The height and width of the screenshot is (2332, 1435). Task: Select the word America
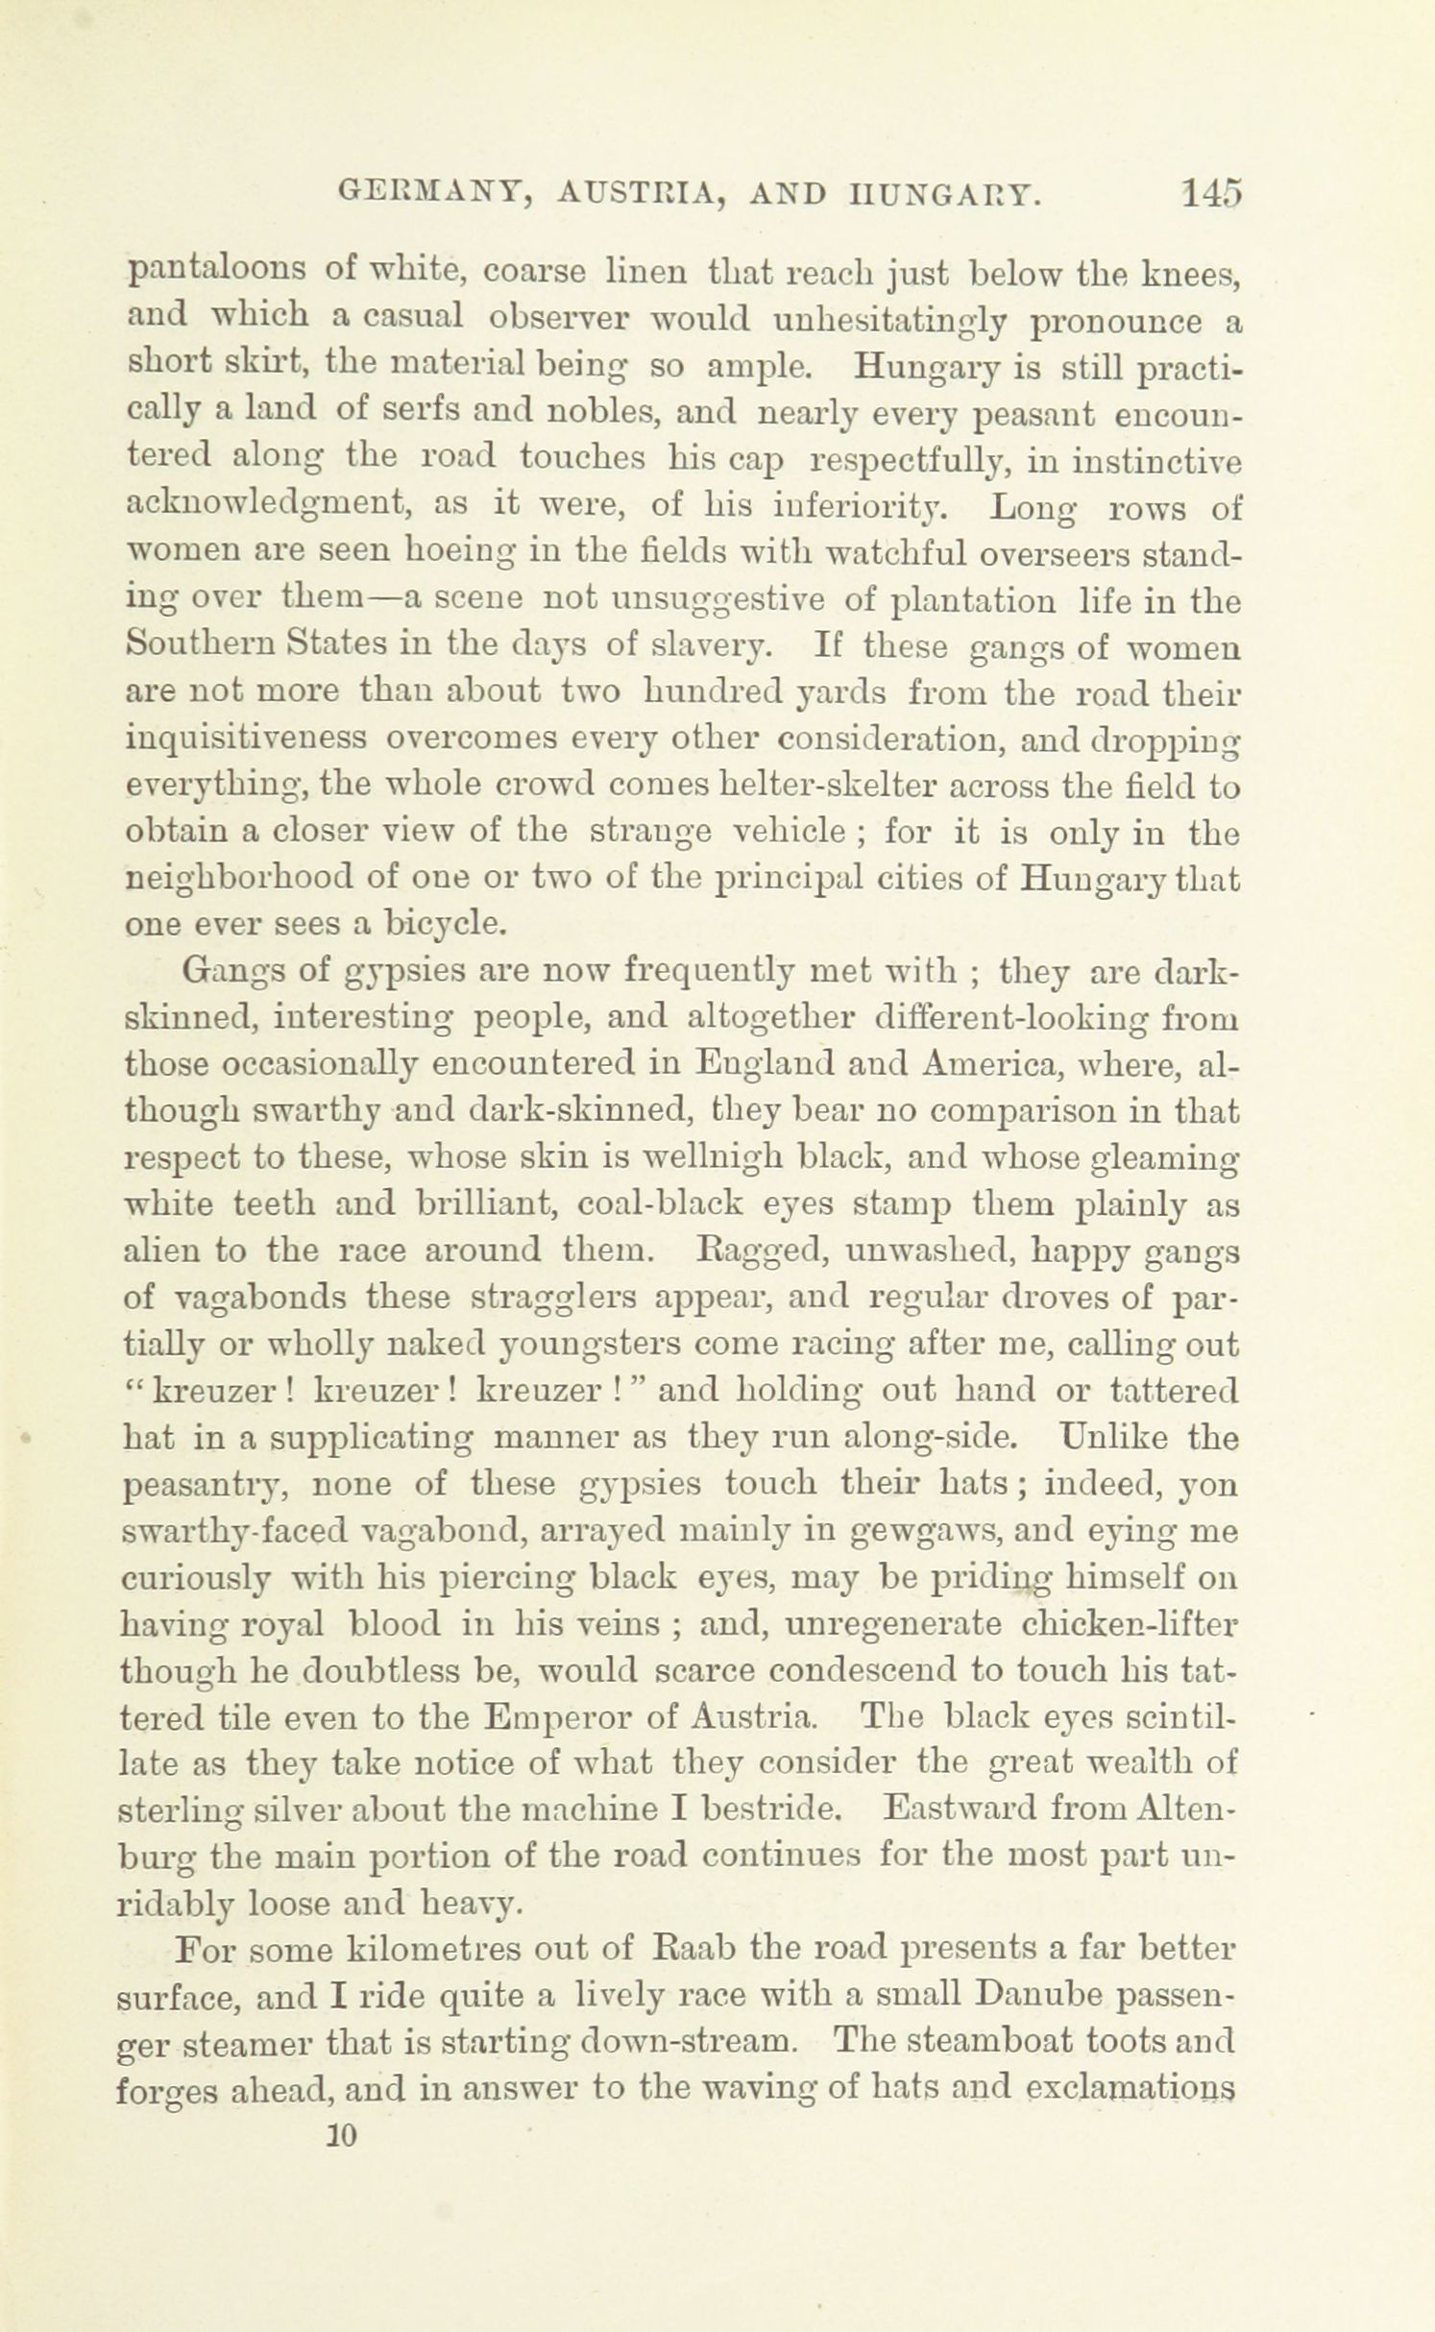click(988, 1065)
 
